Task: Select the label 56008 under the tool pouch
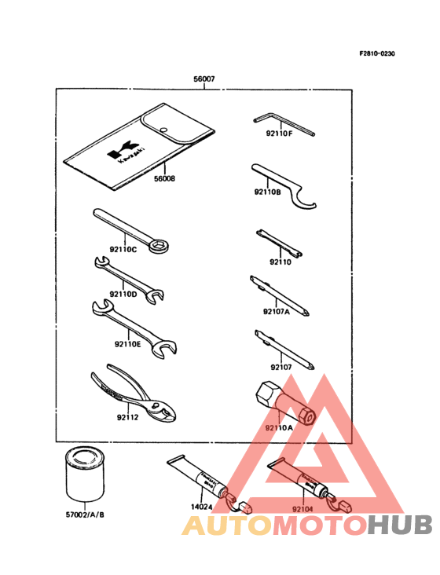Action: tap(165, 178)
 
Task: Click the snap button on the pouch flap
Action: tap(163, 130)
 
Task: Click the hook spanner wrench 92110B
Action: tap(287, 185)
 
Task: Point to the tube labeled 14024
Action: tap(196, 480)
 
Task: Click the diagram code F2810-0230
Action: tap(377, 53)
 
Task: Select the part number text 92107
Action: tap(280, 367)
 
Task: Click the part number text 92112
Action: tap(126, 417)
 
